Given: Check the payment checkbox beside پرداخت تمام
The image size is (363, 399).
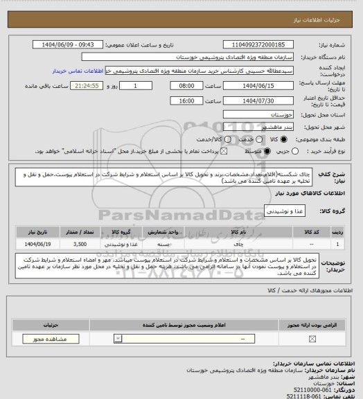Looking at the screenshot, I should click(223, 150).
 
